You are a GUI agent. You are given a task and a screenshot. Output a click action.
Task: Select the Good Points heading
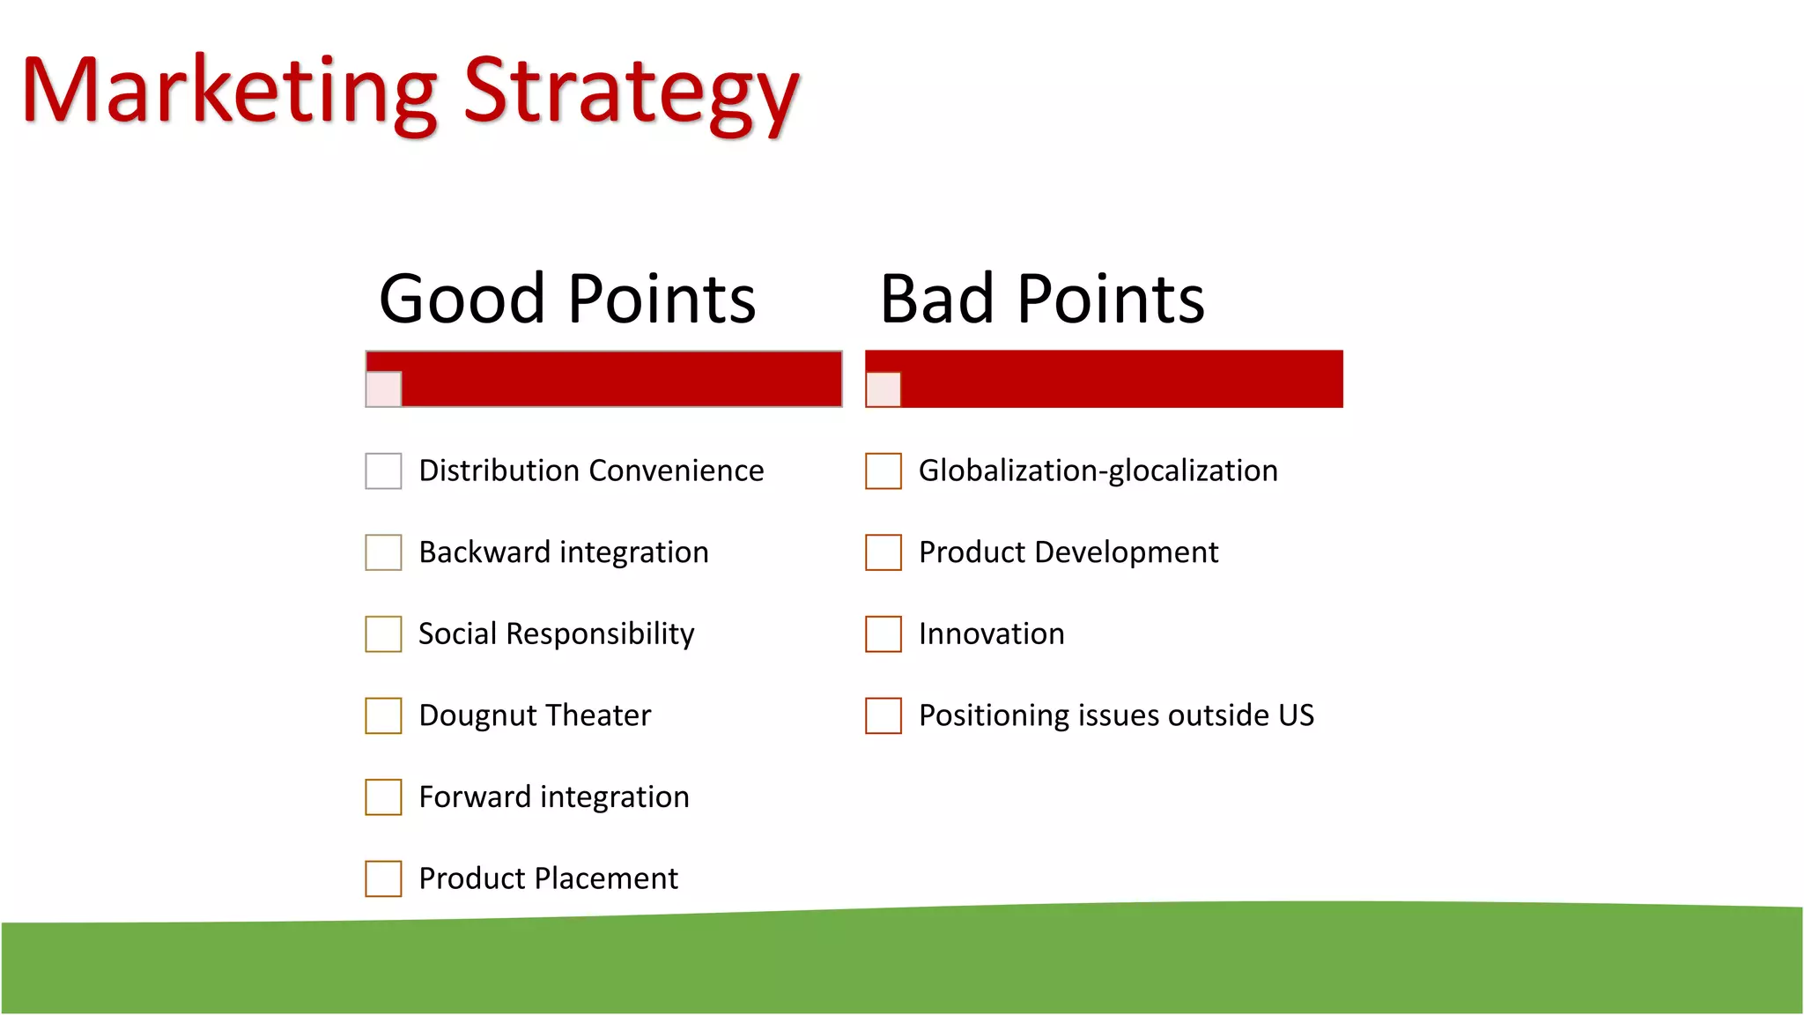pos(567,300)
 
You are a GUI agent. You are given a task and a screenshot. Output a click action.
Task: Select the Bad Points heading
pos(1041,300)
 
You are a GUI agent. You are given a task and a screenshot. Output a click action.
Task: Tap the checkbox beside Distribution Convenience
pos(383,471)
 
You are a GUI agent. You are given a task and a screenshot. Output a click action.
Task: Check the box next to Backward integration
pos(383,552)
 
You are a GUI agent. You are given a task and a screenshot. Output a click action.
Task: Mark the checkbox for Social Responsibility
pos(383,634)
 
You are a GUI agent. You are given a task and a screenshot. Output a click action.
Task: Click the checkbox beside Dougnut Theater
pos(383,715)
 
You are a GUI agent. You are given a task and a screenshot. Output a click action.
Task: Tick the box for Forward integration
pos(383,797)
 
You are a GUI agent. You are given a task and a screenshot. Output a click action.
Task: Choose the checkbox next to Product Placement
pos(383,878)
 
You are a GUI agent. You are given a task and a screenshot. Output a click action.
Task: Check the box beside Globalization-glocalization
pos(883,471)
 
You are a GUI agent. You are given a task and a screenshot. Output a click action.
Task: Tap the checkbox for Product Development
pos(883,552)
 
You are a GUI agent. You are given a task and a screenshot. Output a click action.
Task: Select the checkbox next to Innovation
pos(883,634)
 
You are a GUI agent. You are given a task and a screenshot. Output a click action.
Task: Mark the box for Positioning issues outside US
pos(883,715)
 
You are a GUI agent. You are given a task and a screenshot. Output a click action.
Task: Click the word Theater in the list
pos(595,715)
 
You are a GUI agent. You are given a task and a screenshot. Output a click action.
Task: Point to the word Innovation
pos(991,634)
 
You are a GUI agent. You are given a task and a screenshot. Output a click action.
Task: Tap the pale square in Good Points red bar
pos(383,389)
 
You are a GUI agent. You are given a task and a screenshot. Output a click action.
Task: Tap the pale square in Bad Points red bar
pos(883,389)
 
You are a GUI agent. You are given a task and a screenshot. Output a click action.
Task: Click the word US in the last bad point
pos(1296,715)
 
